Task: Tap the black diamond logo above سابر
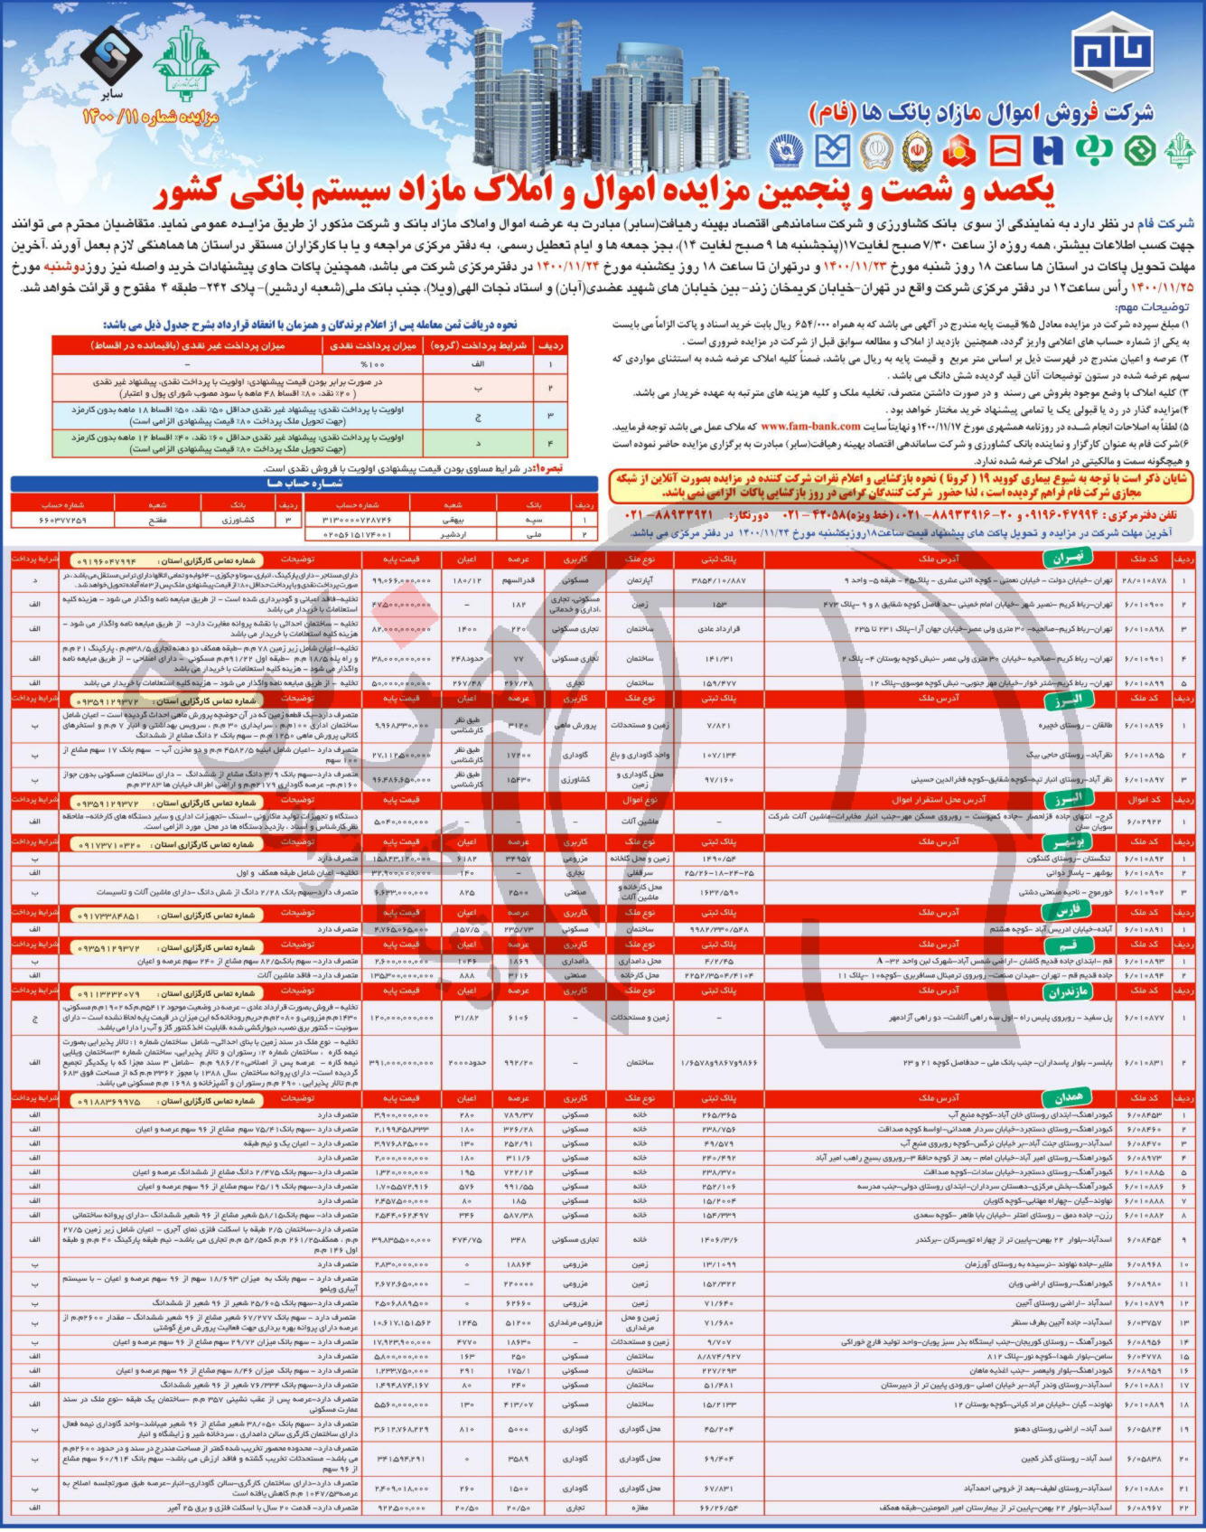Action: (111, 53)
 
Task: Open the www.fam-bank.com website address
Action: (810, 426)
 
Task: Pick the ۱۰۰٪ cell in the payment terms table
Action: (372, 363)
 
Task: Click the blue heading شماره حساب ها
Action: (304, 484)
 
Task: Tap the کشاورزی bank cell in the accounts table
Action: (238, 521)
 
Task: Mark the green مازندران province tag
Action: (1068, 992)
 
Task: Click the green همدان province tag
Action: (1068, 1098)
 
